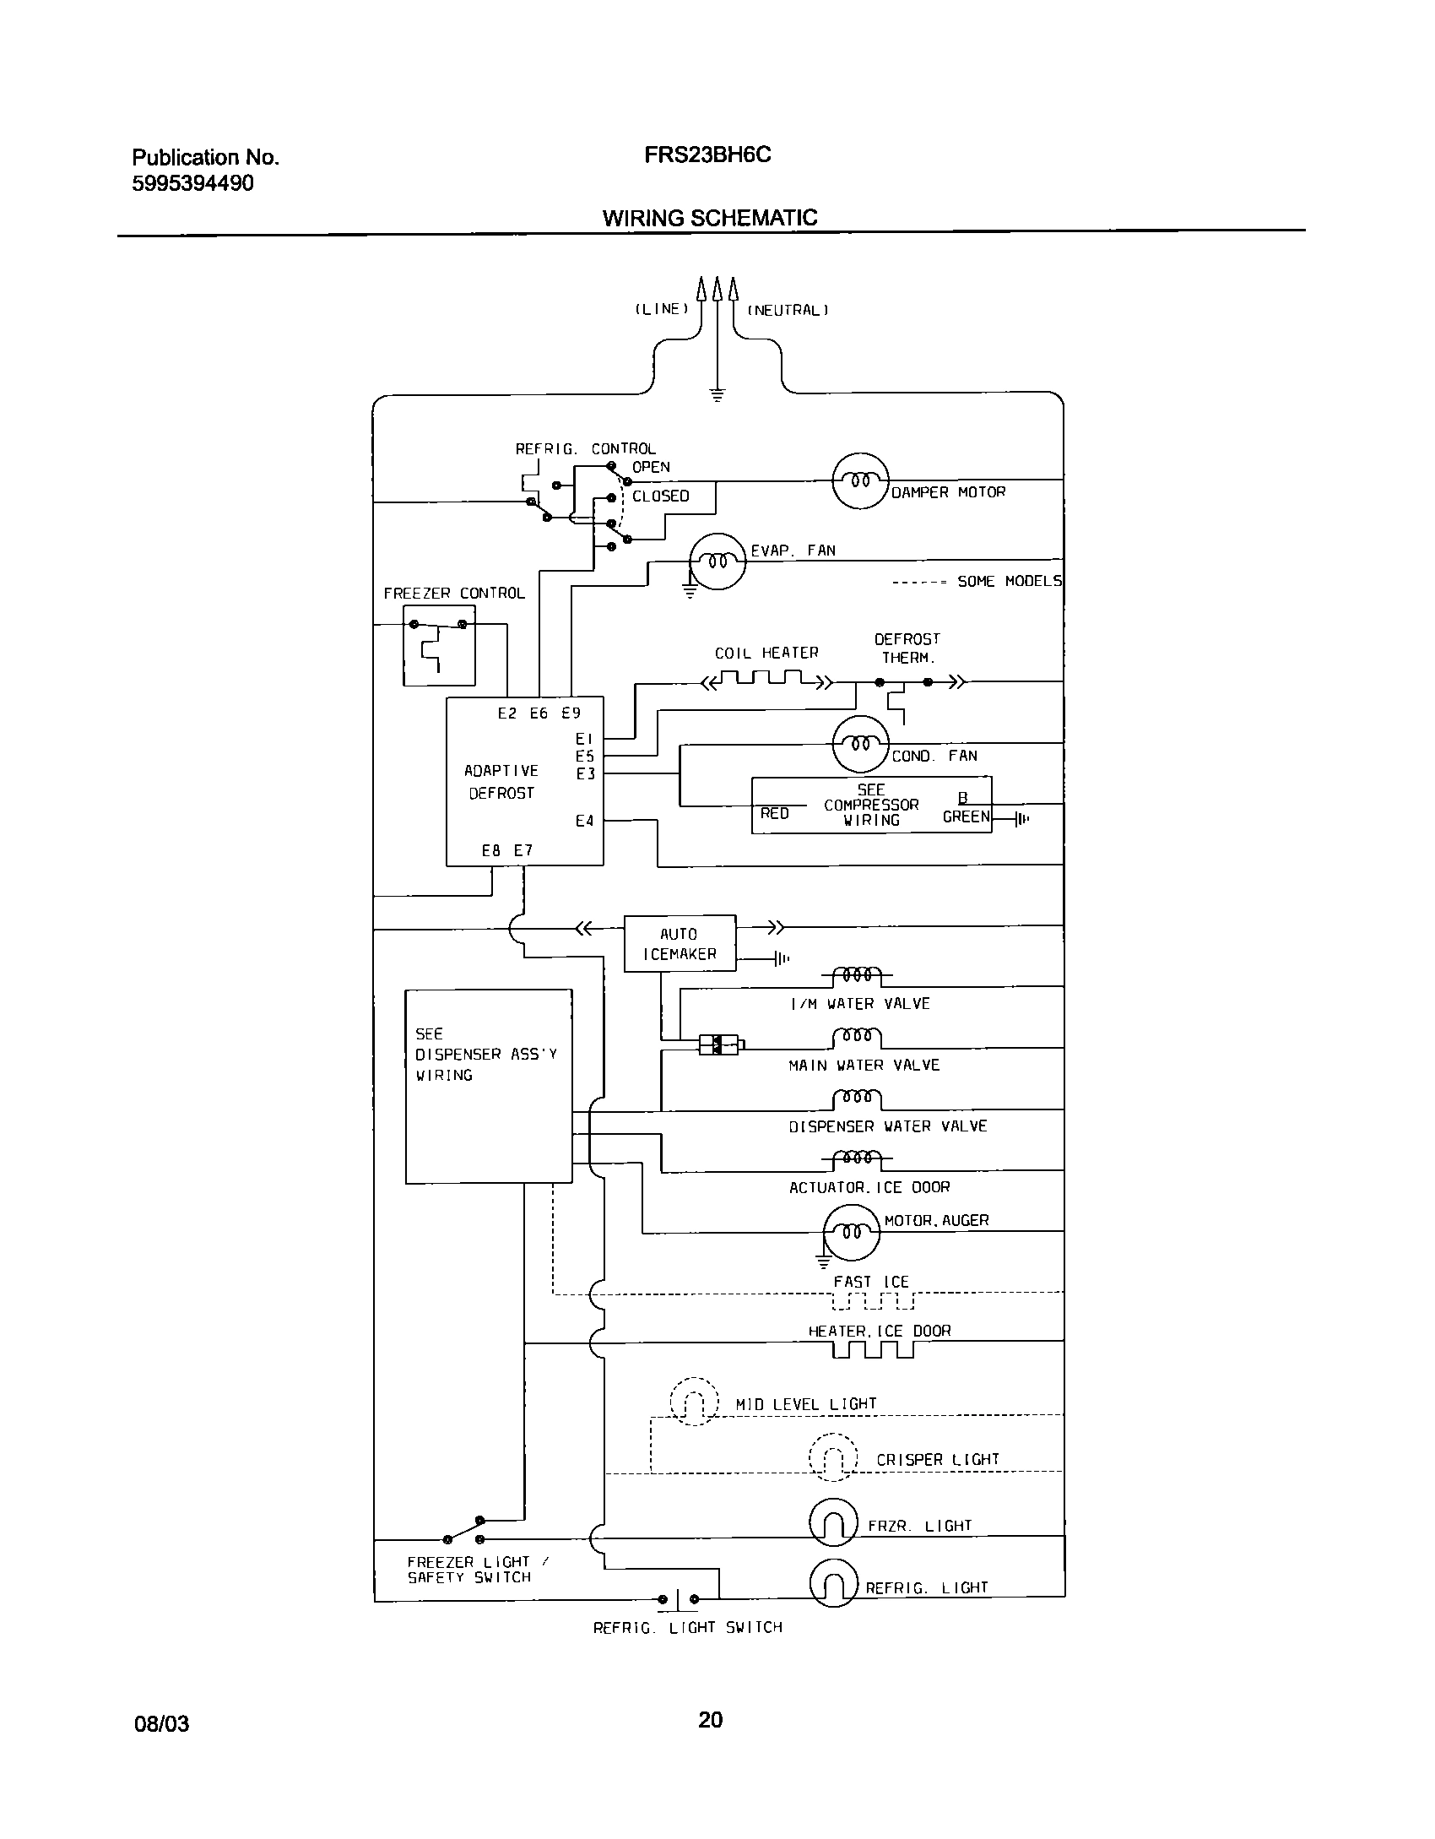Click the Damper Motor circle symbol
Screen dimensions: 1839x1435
[860, 480]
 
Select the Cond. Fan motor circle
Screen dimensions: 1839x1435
[860, 744]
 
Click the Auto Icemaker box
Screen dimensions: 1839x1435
[680, 943]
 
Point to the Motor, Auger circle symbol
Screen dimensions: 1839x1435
[851, 1232]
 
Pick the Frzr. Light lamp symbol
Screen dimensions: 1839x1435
[833, 1523]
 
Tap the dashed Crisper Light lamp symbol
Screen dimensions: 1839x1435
[833, 1458]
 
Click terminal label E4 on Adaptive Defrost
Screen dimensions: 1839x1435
[584, 821]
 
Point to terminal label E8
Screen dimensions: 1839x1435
[491, 850]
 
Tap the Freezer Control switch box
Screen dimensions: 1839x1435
[439, 646]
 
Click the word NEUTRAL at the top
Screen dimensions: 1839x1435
[788, 310]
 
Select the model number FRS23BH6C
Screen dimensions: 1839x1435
[707, 155]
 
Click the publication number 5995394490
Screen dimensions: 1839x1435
[192, 183]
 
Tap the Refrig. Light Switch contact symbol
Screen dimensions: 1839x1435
[679, 1598]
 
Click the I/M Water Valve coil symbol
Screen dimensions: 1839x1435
[857, 976]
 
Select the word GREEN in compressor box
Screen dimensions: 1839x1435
[966, 816]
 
